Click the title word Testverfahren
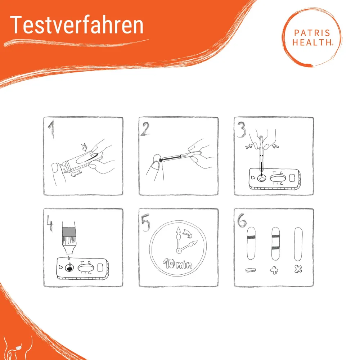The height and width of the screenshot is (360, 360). tap(77, 25)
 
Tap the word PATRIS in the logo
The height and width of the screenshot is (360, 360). tap(312, 33)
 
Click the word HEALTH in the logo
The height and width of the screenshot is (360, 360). tap(312, 42)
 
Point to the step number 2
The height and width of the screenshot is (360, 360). tap(145, 129)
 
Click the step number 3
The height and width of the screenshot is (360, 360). tap(241, 130)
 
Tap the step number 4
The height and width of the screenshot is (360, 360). tap(50, 223)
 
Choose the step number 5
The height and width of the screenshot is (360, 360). tap(145, 222)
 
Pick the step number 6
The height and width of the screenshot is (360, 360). tap(242, 220)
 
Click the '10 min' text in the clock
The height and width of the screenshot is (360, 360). tap(177, 264)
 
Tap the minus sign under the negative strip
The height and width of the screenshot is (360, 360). tap(251, 270)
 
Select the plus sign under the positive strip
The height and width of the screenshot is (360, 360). tap(274, 270)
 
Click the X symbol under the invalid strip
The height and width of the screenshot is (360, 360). tap(298, 269)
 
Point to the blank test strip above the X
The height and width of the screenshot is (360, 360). tap(298, 244)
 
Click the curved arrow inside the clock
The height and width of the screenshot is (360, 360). tap(188, 234)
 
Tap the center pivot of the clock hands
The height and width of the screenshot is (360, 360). tap(179, 251)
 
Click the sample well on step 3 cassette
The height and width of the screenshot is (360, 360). tap(261, 178)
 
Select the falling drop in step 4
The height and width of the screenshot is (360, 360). tap(68, 258)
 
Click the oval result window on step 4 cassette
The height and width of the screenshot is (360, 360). tap(86, 268)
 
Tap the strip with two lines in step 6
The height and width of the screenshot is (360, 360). tap(275, 244)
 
